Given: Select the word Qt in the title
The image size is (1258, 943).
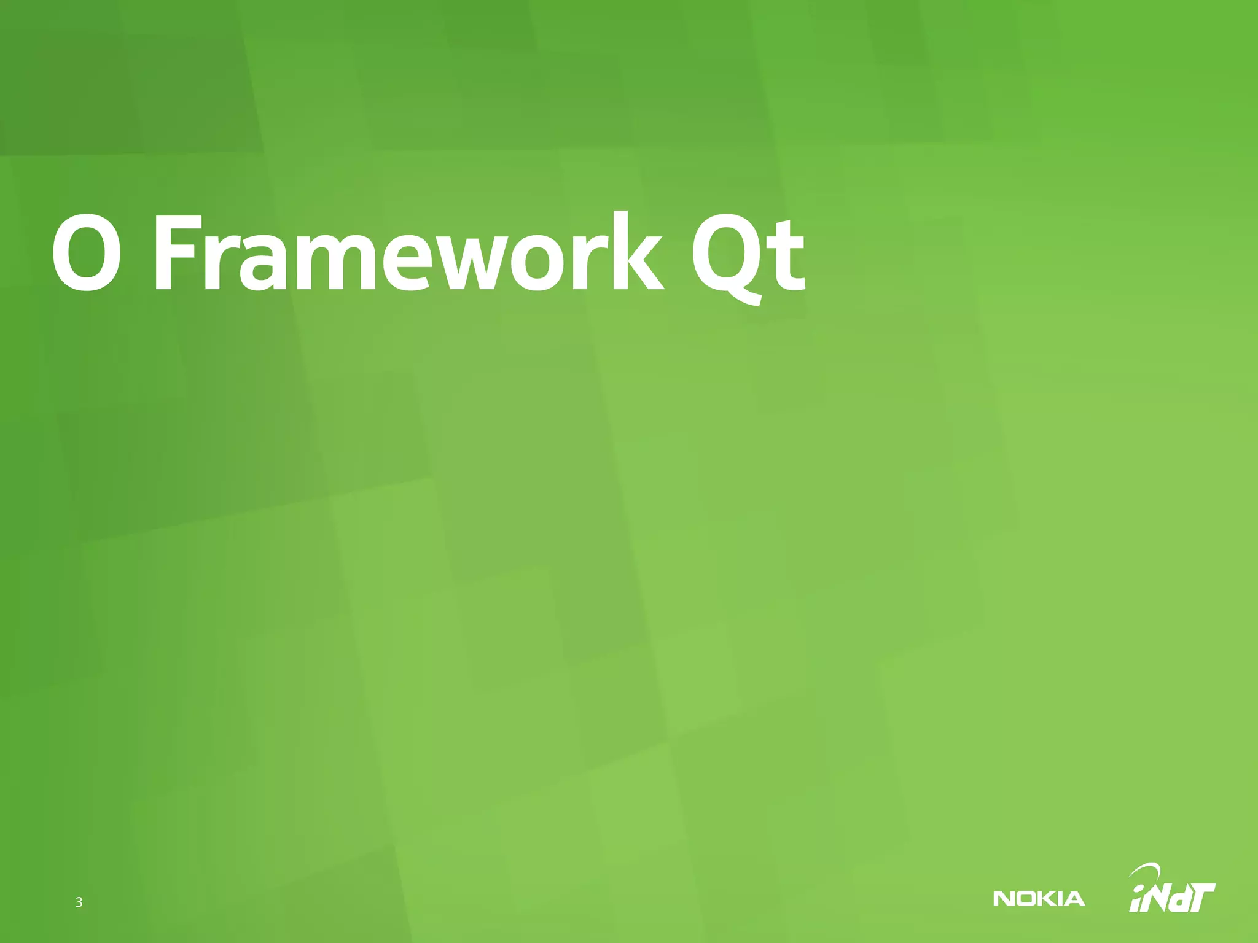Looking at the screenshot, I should pos(747,255).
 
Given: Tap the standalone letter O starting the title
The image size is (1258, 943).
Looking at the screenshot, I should pos(85,254).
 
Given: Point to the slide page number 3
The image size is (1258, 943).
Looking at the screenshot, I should pos(79,902).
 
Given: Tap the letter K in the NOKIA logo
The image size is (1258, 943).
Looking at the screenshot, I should pos(1046,899).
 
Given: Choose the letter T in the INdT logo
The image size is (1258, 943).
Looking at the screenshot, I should pos(1201,897).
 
